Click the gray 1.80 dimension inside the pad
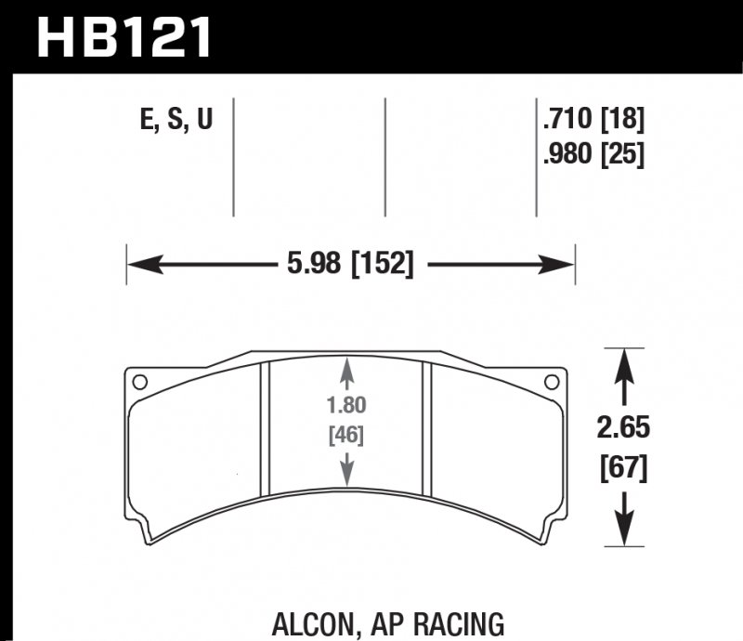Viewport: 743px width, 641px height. click(x=346, y=406)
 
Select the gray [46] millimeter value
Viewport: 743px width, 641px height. click(x=346, y=434)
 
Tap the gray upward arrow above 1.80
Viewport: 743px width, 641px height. click(x=346, y=372)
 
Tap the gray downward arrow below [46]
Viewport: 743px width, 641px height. click(x=346, y=469)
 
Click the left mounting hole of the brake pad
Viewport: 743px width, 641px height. click(x=141, y=381)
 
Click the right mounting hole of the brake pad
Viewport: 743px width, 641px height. click(x=552, y=381)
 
